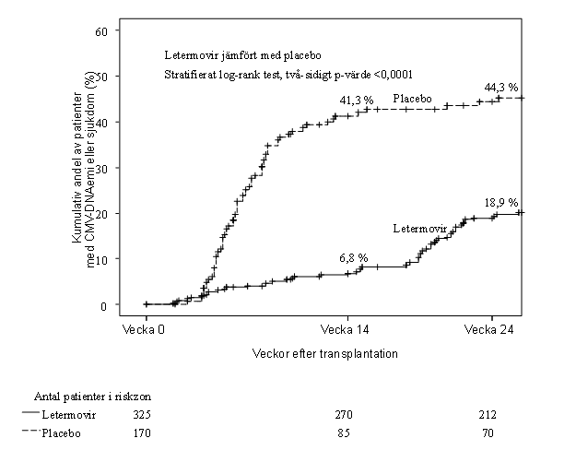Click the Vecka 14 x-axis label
click(345, 328)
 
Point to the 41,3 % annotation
click(357, 100)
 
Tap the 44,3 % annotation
click(501, 89)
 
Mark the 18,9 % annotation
click(501, 203)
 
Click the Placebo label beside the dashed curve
click(413, 98)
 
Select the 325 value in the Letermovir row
click(142, 415)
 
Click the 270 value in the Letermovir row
click(345, 415)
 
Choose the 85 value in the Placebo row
click(345, 432)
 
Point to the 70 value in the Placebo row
click(488, 432)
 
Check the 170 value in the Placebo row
click(142, 432)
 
